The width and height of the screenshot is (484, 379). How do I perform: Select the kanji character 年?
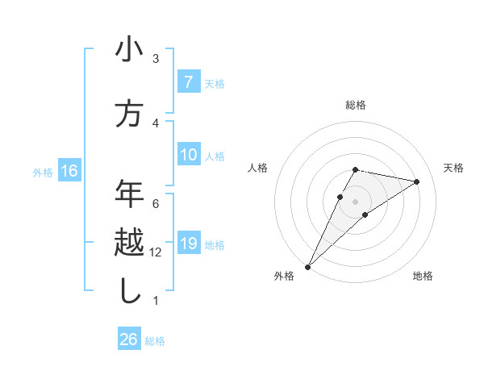pyautogui.click(x=129, y=194)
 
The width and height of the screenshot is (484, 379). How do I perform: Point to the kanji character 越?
pyautogui.click(x=129, y=243)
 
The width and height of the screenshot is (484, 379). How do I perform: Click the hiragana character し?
pyautogui.click(x=129, y=291)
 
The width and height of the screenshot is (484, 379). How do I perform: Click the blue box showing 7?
pyautogui.click(x=188, y=82)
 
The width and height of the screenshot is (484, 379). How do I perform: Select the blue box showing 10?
pyautogui.click(x=188, y=155)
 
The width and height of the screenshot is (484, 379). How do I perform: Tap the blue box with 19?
pyautogui.click(x=188, y=244)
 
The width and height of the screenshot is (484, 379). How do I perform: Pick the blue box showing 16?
pyautogui.click(x=69, y=171)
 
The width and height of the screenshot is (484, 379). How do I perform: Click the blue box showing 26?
pyautogui.click(x=128, y=339)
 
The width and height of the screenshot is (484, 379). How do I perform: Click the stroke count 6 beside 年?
pyautogui.click(x=156, y=204)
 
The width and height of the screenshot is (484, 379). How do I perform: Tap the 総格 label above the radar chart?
pyautogui.click(x=356, y=105)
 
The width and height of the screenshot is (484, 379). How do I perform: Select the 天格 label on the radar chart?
pyautogui.click(x=454, y=168)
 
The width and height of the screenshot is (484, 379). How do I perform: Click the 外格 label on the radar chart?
pyautogui.click(x=284, y=276)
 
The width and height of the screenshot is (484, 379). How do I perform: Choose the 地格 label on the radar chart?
pyautogui.click(x=423, y=276)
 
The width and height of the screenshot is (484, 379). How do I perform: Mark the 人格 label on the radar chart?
pyautogui.click(x=257, y=168)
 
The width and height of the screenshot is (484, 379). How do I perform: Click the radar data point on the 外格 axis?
pyautogui.click(x=307, y=266)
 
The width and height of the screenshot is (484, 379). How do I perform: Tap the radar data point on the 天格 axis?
pyautogui.click(x=416, y=181)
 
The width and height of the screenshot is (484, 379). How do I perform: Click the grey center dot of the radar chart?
pyautogui.click(x=355, y=201)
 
